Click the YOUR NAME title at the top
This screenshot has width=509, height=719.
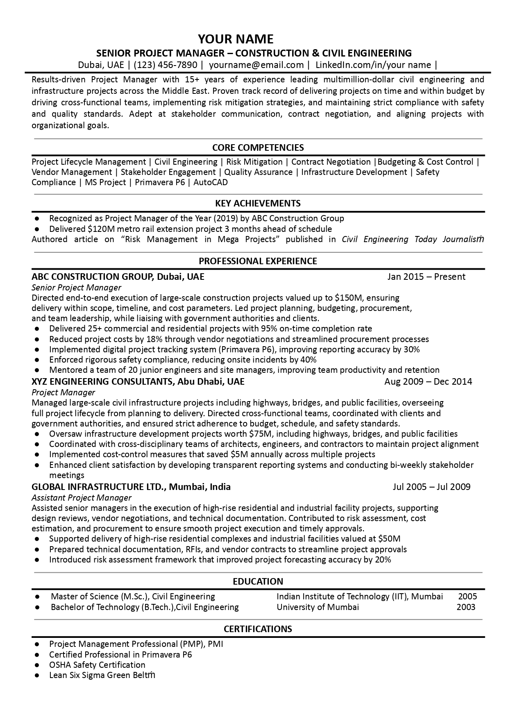[236, 39]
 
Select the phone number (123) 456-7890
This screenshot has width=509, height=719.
[166, 65]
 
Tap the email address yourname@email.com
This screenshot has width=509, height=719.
[256, 65]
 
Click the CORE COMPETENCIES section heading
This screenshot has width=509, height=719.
[258, 147]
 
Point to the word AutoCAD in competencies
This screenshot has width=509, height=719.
[210, 182]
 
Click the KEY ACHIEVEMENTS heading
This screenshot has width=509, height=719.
[258, 203]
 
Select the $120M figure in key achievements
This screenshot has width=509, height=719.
[98, 229]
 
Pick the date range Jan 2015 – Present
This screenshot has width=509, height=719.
[426, 277]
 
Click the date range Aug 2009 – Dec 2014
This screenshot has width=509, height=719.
[428, 382]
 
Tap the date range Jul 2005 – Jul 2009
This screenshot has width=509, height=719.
[431, 487]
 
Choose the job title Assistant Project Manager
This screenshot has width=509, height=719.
[81, 497]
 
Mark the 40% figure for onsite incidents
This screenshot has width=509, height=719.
[308, 360]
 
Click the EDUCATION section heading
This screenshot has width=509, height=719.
[258, 581]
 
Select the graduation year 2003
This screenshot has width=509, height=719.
[466, 607]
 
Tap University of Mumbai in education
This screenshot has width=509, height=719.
[318, 607]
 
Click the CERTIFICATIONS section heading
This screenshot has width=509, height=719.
[258, 629]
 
